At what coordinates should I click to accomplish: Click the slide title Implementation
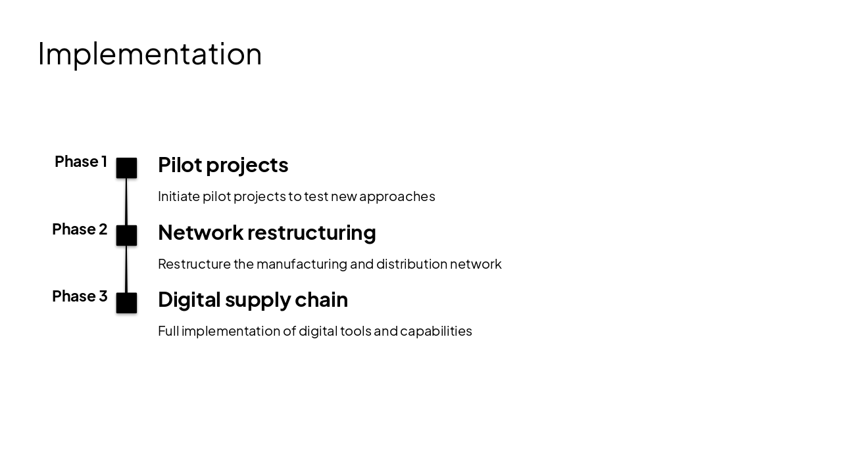point(149,54)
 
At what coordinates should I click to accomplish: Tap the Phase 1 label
point(81,162)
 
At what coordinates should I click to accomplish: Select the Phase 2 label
point(80,229)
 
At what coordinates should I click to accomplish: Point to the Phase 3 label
point(80,296)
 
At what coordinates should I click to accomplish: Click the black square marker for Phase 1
point(126,168)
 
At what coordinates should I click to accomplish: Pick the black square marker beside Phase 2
point(126,235)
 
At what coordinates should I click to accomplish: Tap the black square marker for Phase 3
point(126,303)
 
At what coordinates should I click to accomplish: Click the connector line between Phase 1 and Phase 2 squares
point(126,202)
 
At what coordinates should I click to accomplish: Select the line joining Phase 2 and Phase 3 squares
point(126,269)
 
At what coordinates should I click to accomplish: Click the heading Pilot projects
point(223,165)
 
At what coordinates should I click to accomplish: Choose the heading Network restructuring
point(266,233)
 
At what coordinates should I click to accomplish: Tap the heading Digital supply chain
point(253,300)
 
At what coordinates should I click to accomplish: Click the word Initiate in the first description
point(178,196)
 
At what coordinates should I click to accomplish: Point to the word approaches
point(397,196)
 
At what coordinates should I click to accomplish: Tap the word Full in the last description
point(168,331)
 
